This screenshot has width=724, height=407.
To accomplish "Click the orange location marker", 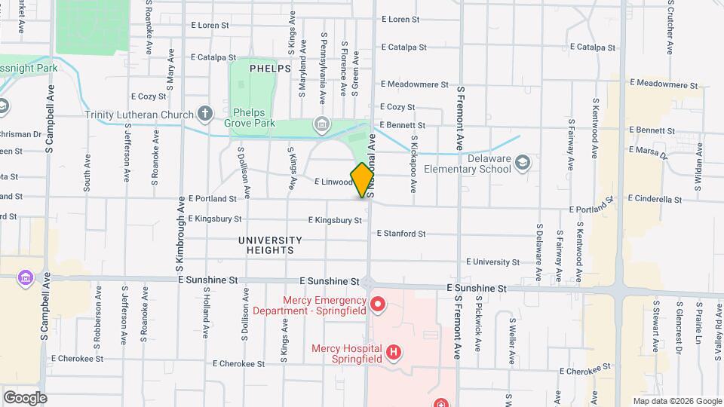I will [363, 179].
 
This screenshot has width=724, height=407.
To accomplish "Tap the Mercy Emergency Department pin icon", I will [378, 304].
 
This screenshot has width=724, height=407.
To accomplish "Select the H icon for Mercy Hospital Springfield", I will [392, 352].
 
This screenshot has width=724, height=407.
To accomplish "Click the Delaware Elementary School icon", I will [523, 163].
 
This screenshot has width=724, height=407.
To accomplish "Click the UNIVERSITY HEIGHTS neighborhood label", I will [270, 245].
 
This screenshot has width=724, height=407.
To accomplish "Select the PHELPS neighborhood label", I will [270, 68].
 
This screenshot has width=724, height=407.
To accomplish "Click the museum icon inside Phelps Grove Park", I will [321, 124].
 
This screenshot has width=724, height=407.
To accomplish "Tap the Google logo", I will [25, 397].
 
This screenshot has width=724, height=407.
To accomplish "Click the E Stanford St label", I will [400, 234].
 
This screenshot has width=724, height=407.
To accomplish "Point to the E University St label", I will [493, 262].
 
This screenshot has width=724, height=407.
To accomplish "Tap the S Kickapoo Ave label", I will [414, 163].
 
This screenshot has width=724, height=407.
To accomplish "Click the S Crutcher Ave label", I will [670, 27].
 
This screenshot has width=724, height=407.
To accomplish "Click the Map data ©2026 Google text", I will [676, 401].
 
